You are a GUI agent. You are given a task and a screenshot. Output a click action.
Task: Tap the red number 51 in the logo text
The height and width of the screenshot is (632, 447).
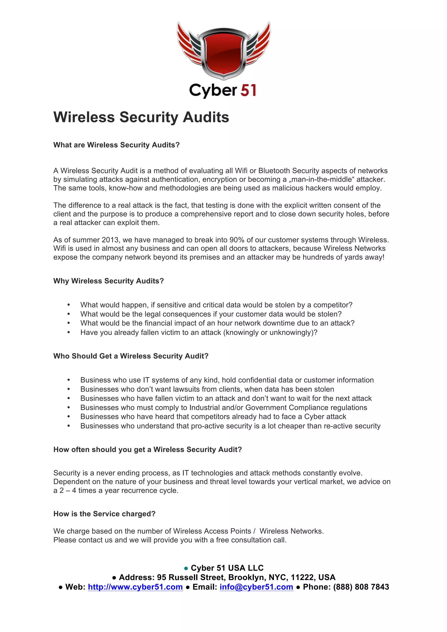[248, 90]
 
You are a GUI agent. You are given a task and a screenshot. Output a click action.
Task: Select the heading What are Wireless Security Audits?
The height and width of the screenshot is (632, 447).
[116, 145]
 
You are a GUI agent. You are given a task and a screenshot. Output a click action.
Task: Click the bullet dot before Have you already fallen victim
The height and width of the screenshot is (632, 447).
[69, 333]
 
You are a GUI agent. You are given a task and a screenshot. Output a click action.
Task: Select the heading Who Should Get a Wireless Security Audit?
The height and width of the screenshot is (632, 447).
[131, 356]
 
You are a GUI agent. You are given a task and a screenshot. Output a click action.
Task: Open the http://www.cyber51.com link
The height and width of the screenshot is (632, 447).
[135, 587]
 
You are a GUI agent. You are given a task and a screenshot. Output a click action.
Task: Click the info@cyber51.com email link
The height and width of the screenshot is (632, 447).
[256, 587]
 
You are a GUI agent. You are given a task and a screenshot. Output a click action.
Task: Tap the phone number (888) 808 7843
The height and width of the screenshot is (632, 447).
[361, 587]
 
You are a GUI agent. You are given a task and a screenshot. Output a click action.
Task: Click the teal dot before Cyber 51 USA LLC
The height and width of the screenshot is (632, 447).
[186, 568]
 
